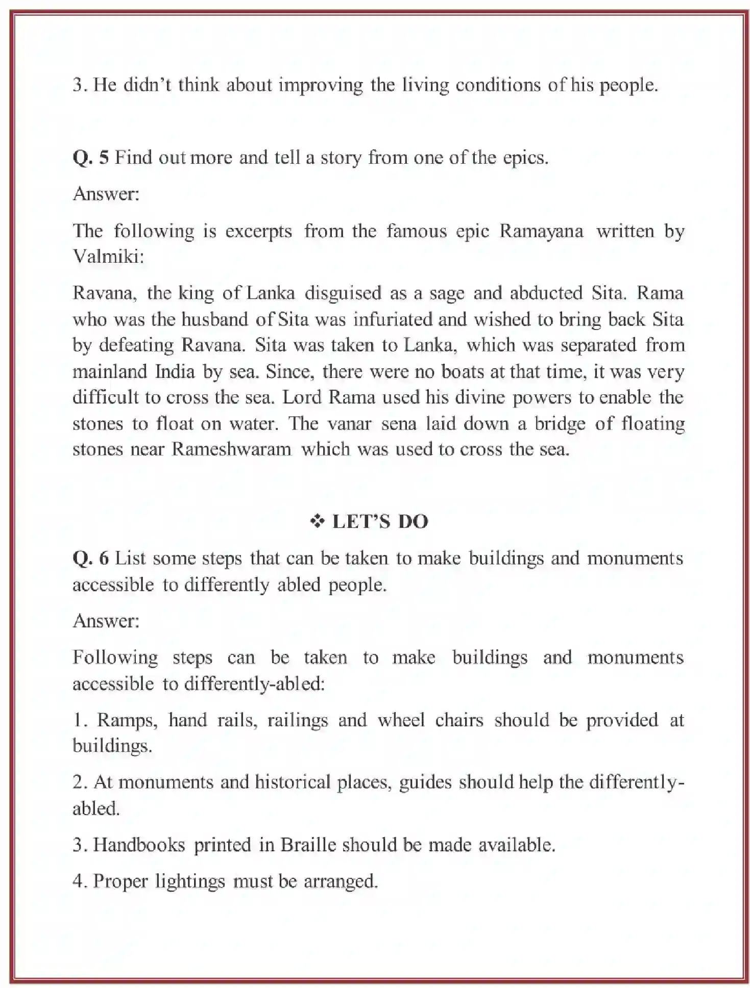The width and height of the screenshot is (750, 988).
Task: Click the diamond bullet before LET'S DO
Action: click(x=318, y=521)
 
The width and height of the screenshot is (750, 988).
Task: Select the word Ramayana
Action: click(x=541, y=231)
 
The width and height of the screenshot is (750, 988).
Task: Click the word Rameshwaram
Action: click(x=231, y=449)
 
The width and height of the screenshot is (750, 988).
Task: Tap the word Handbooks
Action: click(x=139, y=845)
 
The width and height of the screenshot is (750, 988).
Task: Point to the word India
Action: click(x=175, y=371)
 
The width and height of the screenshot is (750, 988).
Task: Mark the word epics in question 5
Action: click(x=525, y=158)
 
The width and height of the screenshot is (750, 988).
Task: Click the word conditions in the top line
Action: click(x=498, y=85)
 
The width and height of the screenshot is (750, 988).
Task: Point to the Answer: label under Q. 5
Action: click(x=106, y=194)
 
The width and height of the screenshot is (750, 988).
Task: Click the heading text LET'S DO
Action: click(x=380, y=521)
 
